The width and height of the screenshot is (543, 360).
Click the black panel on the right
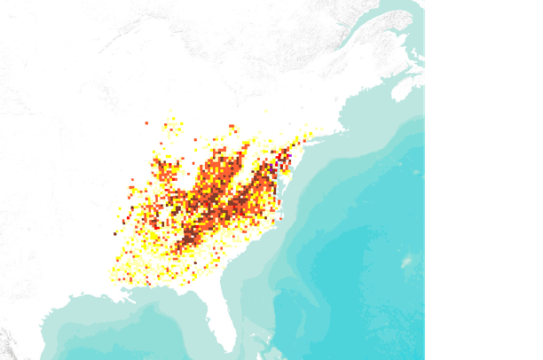484,177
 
